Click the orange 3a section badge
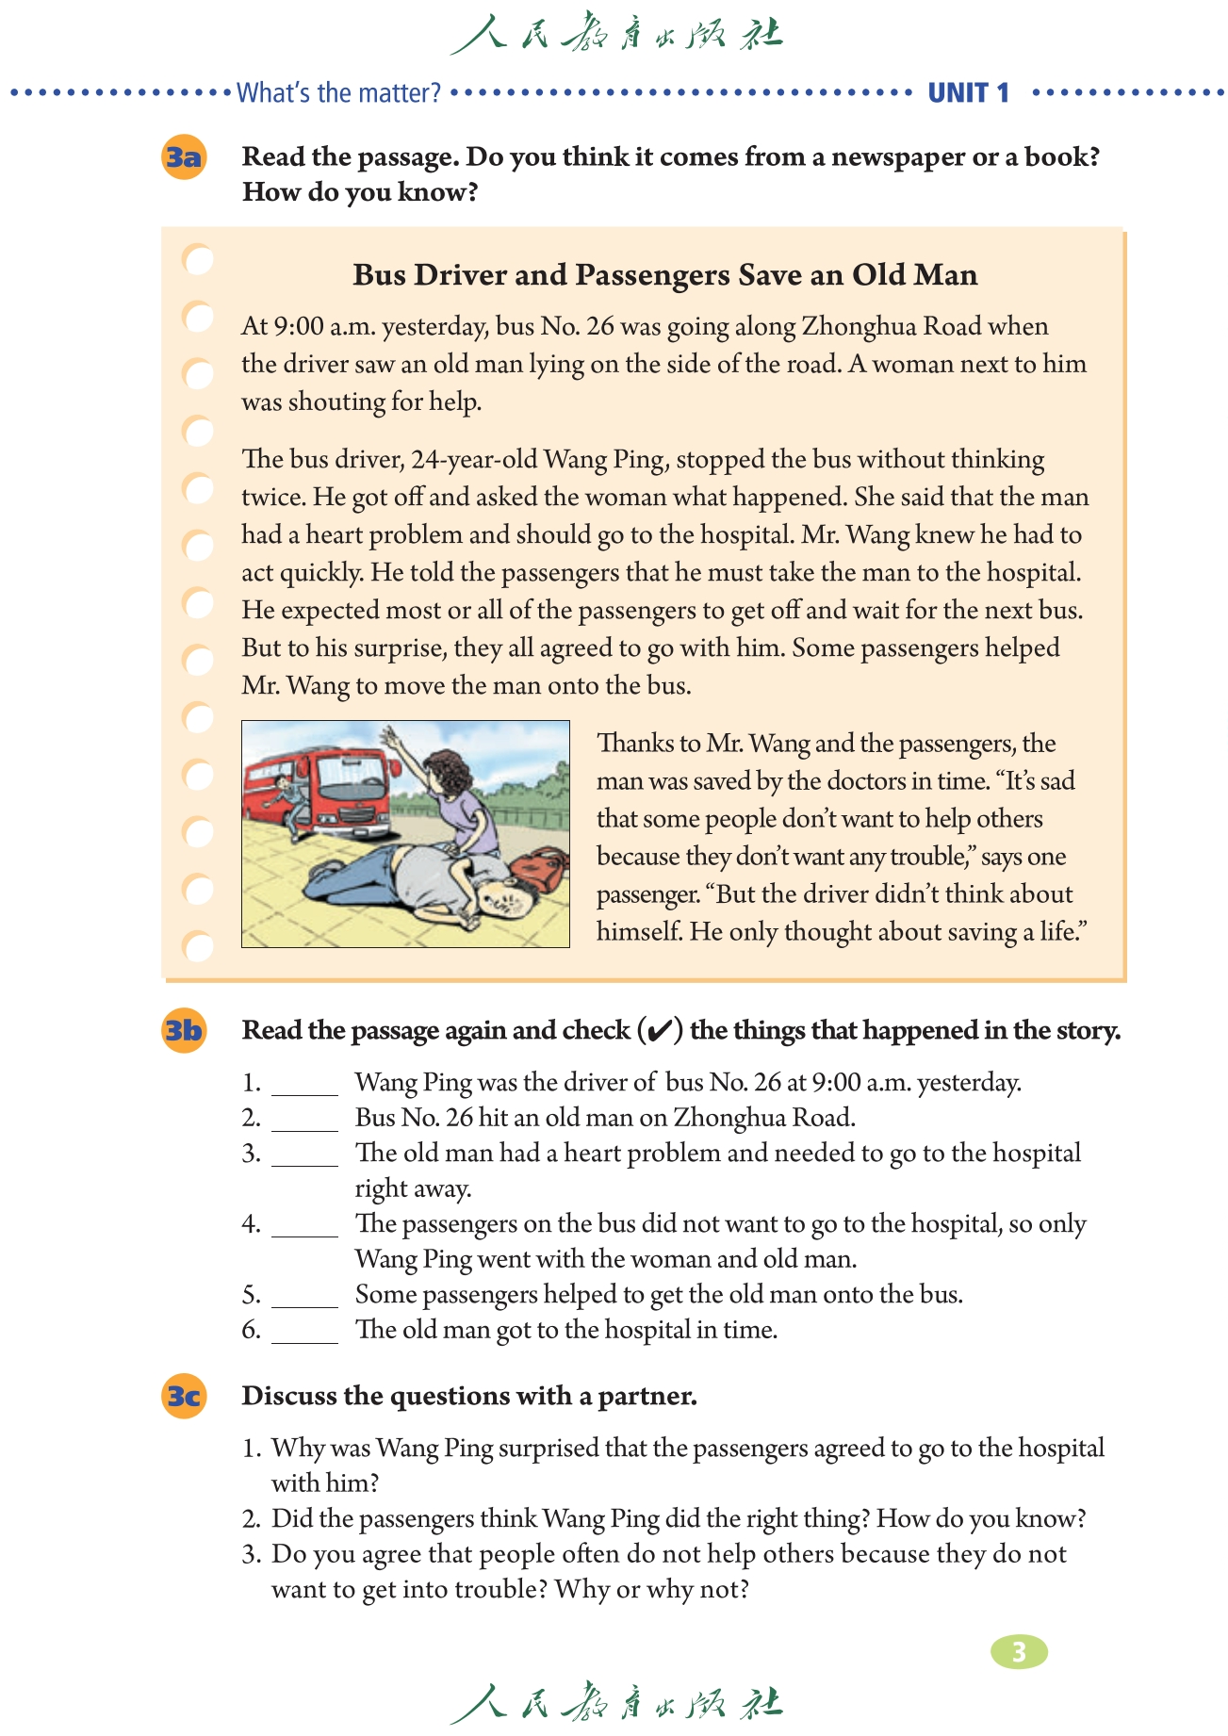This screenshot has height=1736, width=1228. [x=184, y=157]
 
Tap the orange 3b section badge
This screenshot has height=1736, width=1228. [x=184, y=1031]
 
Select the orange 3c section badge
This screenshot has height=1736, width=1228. [x=184, y=1396]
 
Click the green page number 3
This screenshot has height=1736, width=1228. [x=1019, y=1651]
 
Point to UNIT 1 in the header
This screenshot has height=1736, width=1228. [x=968, y=93]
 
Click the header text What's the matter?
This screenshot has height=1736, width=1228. [x=338, y=93]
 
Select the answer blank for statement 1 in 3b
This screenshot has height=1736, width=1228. [x=304, y=1085]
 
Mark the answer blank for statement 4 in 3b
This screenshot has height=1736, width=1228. [x=304, y=1226]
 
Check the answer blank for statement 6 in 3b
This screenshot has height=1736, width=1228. [x=304, y=1332]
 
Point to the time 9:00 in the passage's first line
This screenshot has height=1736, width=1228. [x=299, y=327]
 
